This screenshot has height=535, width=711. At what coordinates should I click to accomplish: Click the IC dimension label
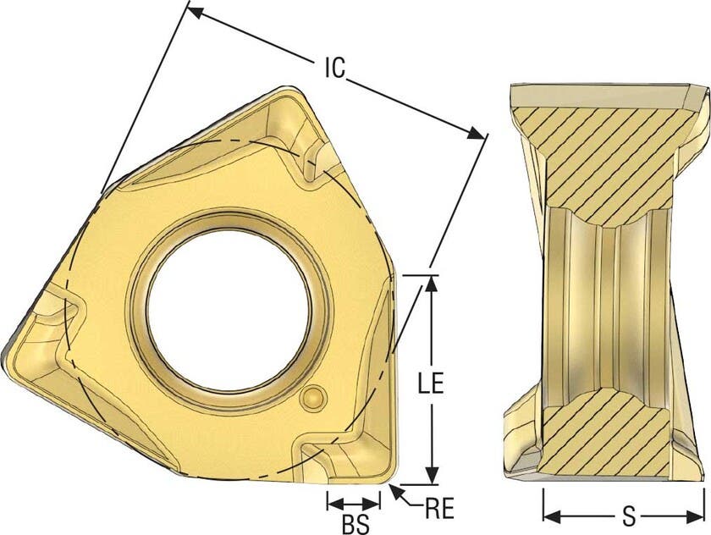click(x=335, y=68)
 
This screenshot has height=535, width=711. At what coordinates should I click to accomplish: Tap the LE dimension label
click(x=430, y=383)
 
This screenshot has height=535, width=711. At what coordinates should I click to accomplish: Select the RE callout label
click(x=440, y=509)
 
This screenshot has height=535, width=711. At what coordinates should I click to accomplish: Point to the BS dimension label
click(x=355, y=525)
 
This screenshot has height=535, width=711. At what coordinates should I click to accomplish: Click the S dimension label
click(x=628, y=516)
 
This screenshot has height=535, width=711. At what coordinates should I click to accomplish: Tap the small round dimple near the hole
click(x=313, y=397)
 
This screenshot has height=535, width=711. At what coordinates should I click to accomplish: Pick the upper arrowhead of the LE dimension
click(x=432, y=284)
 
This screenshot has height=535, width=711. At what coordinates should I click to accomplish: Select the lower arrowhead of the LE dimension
click(x=433, y=476)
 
